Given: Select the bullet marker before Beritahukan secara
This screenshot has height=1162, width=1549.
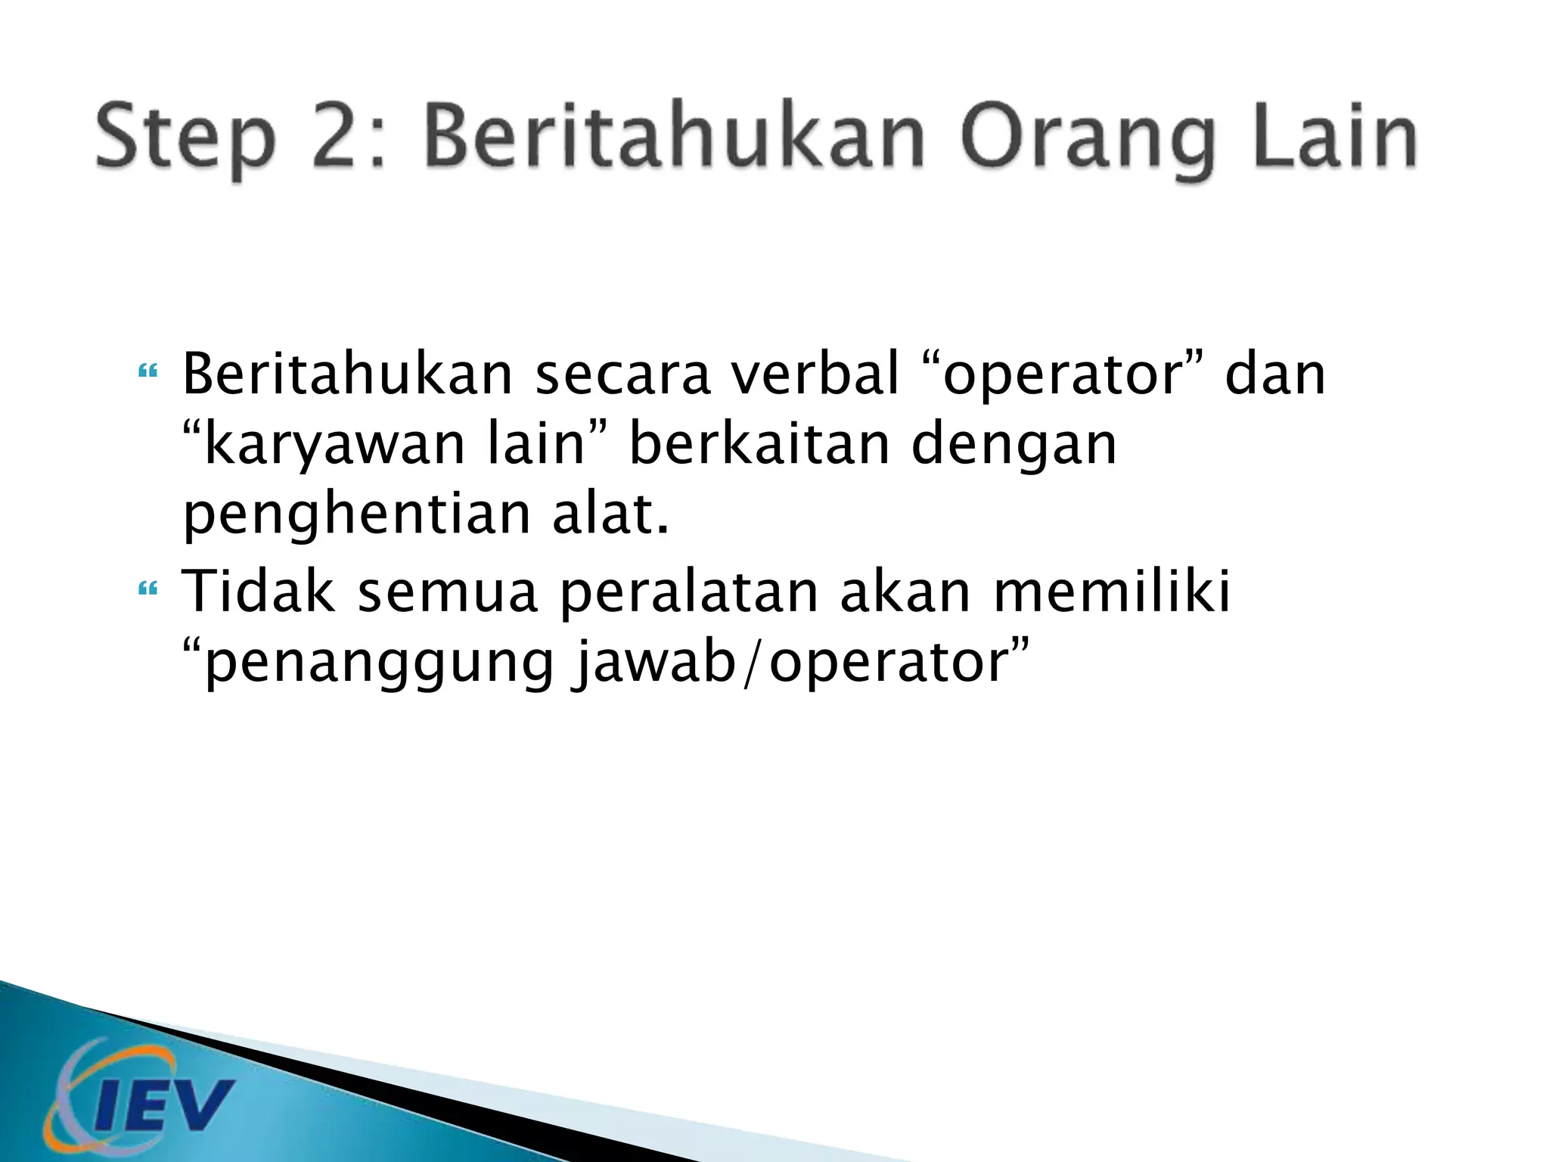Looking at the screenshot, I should pos(147,372).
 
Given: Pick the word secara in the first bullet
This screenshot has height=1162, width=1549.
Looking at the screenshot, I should pos(623,375).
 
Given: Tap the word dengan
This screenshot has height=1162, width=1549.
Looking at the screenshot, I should pos(1014,446).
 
